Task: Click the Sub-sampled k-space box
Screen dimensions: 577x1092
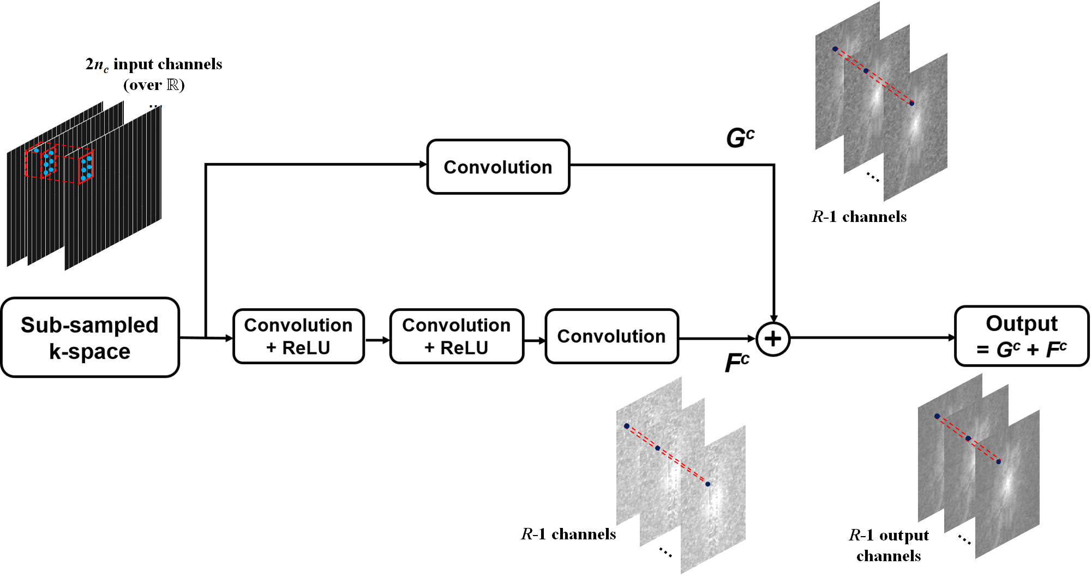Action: (90, 338)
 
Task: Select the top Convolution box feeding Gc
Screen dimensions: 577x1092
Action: (498, 167)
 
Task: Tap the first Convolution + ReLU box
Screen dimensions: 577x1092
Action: (298, 336)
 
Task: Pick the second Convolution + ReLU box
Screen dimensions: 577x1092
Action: (457, 336)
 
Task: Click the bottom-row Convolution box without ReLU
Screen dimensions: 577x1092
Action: (611, 336)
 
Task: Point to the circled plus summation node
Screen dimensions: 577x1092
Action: (773, 339)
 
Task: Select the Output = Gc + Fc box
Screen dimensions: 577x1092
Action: (1022, 336)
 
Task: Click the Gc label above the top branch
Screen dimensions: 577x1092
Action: (740, 137)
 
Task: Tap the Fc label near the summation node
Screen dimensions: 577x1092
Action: (736, 363)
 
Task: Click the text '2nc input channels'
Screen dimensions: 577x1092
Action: (154, 64)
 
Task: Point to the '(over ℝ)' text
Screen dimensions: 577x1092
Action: (154, 85)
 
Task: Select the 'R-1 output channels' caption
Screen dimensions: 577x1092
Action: (889, 545)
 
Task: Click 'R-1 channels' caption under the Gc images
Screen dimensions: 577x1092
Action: (859, 217)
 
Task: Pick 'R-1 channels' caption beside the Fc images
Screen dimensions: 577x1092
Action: (568, 534)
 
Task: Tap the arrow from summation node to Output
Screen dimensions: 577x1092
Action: (873, 338)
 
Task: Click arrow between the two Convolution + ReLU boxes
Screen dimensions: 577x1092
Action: (377, 340)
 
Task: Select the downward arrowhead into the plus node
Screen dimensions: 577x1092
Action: (773, 318)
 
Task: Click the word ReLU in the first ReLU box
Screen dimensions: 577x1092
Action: (306, 348)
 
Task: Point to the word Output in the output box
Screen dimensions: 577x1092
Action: (1022, 323)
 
